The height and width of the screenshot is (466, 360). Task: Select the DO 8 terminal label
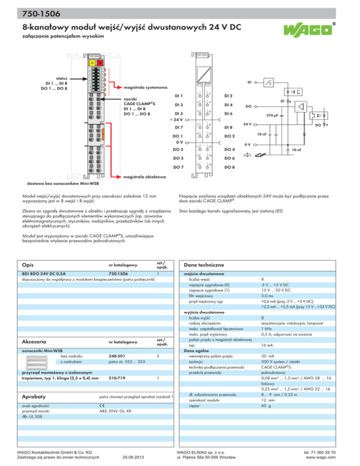point(230,167)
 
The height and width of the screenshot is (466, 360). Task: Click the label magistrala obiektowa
point(144,177)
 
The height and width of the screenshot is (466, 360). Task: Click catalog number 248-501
point(116,356)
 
